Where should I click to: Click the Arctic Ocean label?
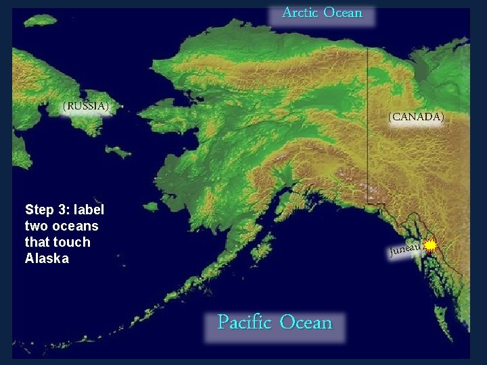point(322,13)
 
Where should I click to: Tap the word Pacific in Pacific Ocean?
point(245,322)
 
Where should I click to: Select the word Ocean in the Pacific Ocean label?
point(306,322)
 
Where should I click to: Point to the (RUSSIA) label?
point(85,106)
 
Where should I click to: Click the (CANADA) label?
point(416,117)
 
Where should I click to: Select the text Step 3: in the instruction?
point(47,210)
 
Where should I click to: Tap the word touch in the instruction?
point(71,242)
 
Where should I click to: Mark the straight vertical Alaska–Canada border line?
point(367,122)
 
